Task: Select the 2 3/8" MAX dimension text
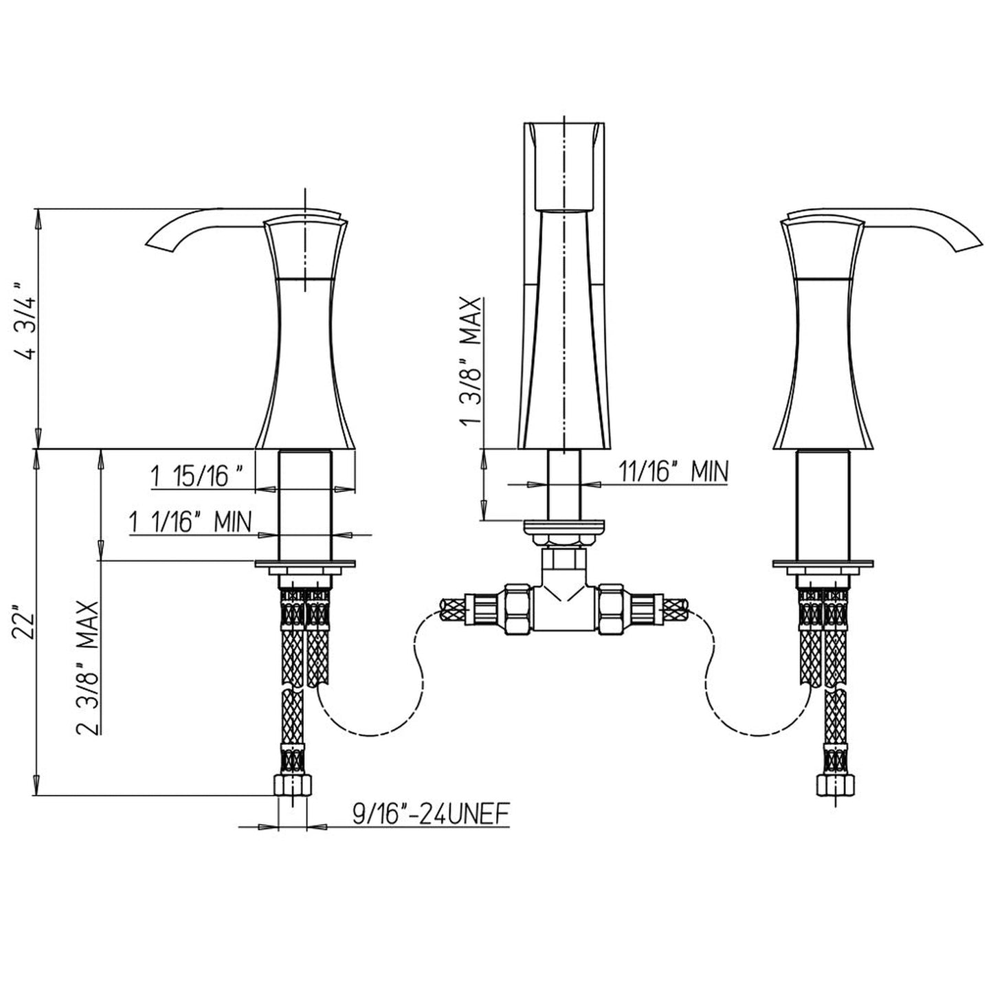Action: coord(88,667)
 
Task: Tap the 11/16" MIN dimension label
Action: coord(673,472)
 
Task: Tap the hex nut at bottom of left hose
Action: coord(294,785)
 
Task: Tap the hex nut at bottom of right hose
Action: coord(836,785)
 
